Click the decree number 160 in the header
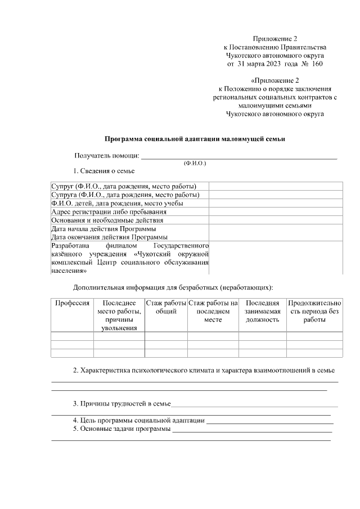click(317, 64)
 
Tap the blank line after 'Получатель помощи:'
click(238, 156)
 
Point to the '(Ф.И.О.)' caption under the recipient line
click(195, 163)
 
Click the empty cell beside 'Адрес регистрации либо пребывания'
click(275, 212)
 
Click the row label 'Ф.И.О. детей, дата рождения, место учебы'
click(125, 204)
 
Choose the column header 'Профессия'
click(72, 303)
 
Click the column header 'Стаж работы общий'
click(166, 307)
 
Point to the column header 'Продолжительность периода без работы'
click(314, 312)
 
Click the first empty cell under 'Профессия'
click(72, 336)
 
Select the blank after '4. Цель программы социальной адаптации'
click(270, 420)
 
